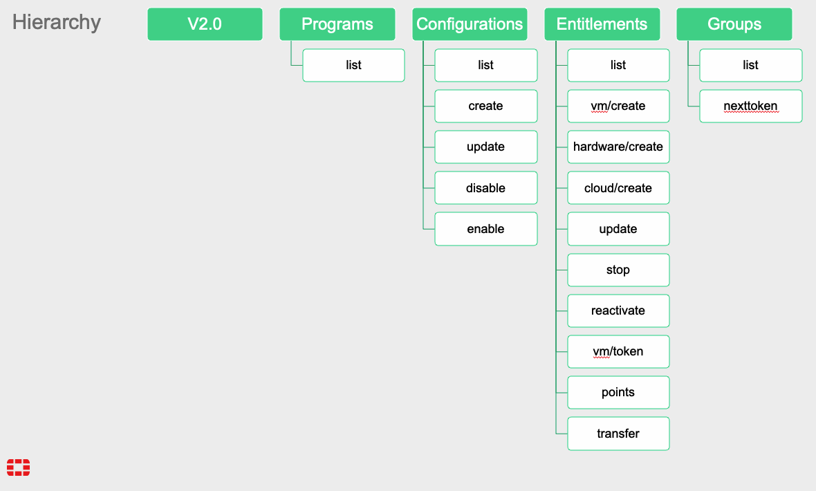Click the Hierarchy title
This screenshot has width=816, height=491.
tap(56, 22)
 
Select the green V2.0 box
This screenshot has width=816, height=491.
tap(205, 24)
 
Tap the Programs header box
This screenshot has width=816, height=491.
tap(337, 24)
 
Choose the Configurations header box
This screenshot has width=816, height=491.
tap(470, 24)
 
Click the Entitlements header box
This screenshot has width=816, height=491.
tap(602, 24)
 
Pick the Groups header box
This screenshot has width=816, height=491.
tap(734, 24)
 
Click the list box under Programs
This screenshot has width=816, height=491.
tap(354, 65)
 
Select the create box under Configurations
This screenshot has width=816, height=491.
tap(486, 106)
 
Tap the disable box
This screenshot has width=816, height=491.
tap(486, 188)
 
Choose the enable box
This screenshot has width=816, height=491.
tap(486, 229)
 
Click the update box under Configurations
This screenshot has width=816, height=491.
tap(486, 147)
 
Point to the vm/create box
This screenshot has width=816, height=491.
tap(618, 106)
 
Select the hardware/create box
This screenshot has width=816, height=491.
tap(618, 147)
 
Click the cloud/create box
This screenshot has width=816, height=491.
tap(618, 188)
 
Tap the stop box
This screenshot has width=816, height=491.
tap(618, 270)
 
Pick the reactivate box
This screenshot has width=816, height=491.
tap(618, 311)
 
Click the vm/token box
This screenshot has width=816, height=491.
tap(618, 351)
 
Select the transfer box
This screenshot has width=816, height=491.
tap(618, 434)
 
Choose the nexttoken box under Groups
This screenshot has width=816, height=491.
tap(751, 106)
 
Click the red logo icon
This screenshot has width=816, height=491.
tap(18, 467)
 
